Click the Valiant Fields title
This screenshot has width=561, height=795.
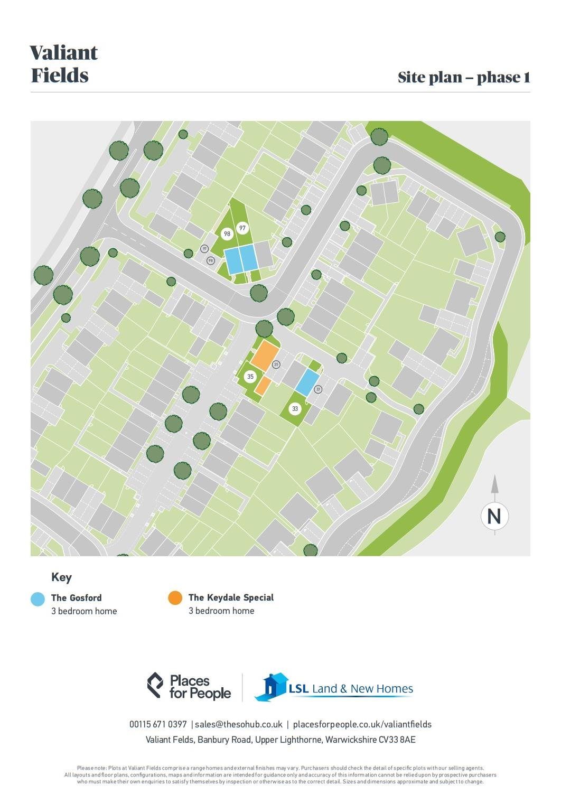coord(64,64)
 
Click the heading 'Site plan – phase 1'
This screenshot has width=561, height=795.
coord(463,78)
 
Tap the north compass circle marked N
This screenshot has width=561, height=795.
coord(494,516)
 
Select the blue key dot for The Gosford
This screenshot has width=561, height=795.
coord(38,598)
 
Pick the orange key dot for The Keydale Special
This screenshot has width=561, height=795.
coord(175,598)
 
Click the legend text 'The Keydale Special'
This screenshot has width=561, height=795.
coord(231,597)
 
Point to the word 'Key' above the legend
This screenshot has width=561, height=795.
coord(61,577)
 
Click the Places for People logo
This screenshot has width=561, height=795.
coord(189,686)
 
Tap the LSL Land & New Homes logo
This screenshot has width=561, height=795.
coord(334,688)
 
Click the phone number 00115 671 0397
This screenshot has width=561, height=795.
coord(158,724)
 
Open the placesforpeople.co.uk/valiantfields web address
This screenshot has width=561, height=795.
coord(362,724)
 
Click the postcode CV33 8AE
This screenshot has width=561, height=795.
coord(397,740)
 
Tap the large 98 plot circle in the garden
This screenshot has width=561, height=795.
coord(227,233)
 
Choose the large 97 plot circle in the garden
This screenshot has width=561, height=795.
coord(242,228)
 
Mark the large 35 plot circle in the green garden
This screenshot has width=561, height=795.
coord(250,377)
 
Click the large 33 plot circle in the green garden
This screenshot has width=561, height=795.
coord(295,408)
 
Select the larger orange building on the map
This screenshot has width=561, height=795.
coord(265,355)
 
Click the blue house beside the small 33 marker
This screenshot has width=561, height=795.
coord(307,382)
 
